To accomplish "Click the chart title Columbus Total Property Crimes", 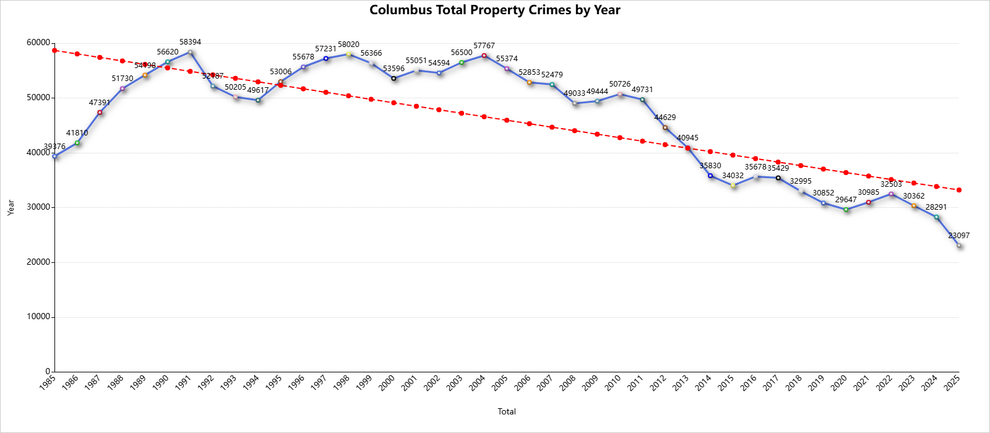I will [494, 10].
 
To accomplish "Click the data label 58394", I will [190, 42].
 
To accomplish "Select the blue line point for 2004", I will [484, 56].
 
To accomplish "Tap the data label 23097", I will [958, 236].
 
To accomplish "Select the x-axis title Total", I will [507, 411].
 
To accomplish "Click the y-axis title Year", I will [11, 207].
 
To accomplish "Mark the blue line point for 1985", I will [54, 156].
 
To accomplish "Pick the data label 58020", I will [348, 45].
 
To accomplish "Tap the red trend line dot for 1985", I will [54, 51].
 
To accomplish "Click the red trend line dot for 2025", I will [958, 190].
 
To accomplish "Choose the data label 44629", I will [665, 118].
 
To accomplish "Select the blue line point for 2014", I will [710, 176].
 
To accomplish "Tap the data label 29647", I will [846, 200].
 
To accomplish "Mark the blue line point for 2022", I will [891, 194].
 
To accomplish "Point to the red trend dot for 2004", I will [484, 117].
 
